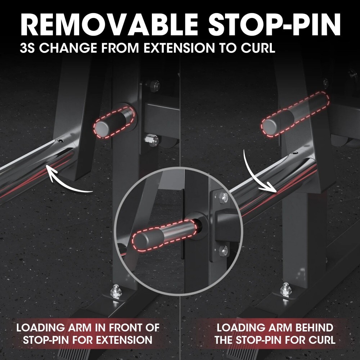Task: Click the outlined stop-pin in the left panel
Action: (x=114, y=122)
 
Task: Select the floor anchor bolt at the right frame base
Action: (x=285, y=288)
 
